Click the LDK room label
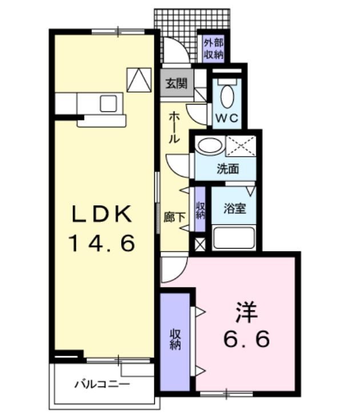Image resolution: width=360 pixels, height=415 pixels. point(102,214)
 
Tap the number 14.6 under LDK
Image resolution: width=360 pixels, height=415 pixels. point(102,244)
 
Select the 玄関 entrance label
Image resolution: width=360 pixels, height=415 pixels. point(176,83)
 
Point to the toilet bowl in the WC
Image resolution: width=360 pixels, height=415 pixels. point(227,95)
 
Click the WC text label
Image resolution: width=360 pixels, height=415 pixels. point(227,119)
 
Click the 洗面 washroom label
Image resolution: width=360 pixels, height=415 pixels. point(227,169)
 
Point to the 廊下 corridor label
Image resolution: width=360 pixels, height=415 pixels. point(174,218)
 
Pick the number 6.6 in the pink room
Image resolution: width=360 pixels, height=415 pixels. point(246,340)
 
